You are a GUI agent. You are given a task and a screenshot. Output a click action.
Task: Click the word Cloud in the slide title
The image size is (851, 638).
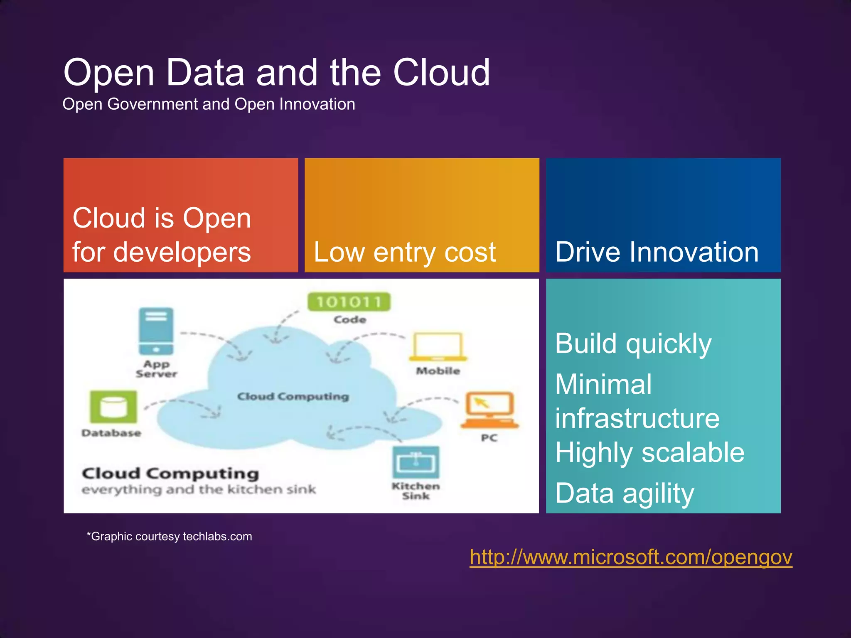441,73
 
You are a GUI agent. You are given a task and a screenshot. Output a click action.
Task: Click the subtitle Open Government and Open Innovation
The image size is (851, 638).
209,104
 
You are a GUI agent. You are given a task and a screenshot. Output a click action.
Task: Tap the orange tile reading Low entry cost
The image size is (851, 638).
421,215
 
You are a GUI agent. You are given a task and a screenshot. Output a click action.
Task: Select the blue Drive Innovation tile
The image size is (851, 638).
663,215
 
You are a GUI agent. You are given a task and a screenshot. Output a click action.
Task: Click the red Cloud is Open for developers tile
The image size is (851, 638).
180,215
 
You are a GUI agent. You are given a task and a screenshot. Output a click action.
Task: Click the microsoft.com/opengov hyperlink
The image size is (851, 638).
630,557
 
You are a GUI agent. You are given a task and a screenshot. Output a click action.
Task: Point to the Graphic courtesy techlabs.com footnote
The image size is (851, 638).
169,536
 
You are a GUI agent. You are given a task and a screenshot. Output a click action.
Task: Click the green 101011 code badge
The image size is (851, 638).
349,302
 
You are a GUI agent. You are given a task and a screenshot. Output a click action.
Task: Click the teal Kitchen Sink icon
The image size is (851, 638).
416,462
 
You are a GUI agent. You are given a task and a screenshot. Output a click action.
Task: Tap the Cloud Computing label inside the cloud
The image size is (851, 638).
293,397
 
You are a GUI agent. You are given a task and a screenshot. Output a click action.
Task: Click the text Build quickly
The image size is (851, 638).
633,344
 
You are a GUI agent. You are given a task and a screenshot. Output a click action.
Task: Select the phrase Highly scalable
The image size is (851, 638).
649,453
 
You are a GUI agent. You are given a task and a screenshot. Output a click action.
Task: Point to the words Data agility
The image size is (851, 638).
624,493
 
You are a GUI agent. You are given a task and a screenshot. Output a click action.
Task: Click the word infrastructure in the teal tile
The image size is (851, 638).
637,418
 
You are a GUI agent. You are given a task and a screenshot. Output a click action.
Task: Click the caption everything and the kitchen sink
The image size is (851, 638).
199,490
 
